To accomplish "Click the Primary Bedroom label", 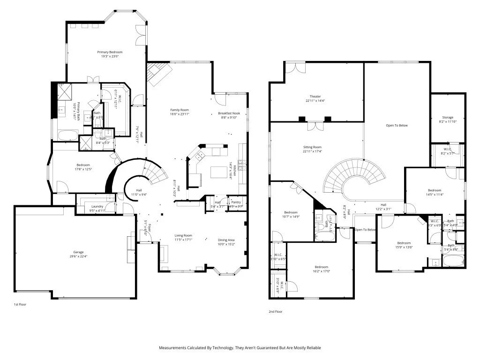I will pyautogui.click(x=110, y=52).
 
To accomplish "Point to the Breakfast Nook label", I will pyautogui.click(x=229, y=114).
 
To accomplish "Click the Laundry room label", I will pyautogui.click(x=97, y=206).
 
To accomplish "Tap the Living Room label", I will pyautogui.click(x=184, y=236).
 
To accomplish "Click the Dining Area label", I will pyautogui.click(x=226, y=240).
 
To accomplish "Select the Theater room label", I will pyautogui.click(x=315, y=97).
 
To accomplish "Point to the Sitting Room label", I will pyautogui.click(x=312, y=147).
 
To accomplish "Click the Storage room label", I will pyautogui.click(x=448, y=117).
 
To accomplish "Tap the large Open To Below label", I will pyautogui.click(x=397, y=126).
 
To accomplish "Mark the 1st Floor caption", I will pyautogui.click(x=20, y=304).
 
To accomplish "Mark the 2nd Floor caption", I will pyautogui.click(x=275, y=311).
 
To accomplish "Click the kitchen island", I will pyautogui.click(x=218, y=172).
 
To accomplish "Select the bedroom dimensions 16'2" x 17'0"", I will pyautogui.click(x=322, y=271).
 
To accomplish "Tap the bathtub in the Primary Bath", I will pyautogui.click(x=69, y=136).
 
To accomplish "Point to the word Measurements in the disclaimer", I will pyautogui.click(x=172, y=348).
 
